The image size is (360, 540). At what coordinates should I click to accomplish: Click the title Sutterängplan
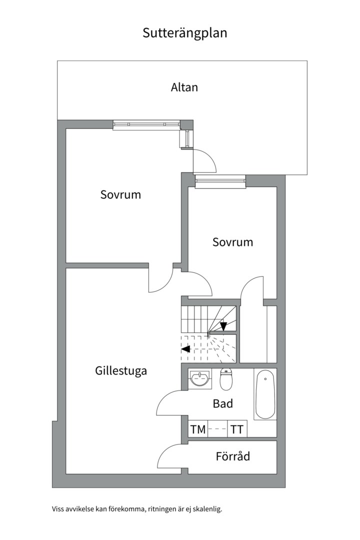coord(184,33)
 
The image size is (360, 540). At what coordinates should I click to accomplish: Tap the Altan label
coord(184,87)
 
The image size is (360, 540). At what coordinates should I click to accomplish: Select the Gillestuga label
coord(121,370)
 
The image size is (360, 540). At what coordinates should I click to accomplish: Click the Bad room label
coord(222,403)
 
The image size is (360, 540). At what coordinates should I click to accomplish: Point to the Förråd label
coord(232,456)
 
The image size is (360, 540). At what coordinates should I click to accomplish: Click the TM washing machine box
coord(198,429)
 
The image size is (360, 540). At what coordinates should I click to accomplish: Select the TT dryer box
coord(237,429)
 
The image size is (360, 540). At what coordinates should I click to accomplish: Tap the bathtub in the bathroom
coord(265,394)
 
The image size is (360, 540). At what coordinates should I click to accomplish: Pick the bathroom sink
coord(200,378)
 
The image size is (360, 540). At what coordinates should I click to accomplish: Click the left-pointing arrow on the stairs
coord(185,348)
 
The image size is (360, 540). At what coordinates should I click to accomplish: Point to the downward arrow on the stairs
coord(223,326)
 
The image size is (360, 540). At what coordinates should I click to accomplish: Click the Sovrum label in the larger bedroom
coord(120,194)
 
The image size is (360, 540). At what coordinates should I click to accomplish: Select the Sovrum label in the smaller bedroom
coord(232,242)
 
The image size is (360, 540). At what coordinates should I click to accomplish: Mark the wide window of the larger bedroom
coord(146,124)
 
